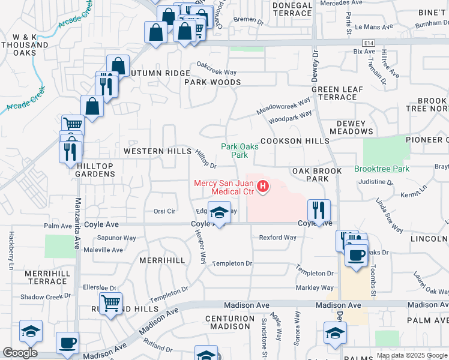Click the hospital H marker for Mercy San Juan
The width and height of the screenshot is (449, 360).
(x=262, y=187)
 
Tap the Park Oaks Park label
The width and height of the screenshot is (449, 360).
(x=234, y=151)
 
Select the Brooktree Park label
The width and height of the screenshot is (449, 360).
(x=382, y=169)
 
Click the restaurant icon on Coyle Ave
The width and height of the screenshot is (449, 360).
(x=319, y=210)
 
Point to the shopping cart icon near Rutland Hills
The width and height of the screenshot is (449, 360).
(x=110, y=304)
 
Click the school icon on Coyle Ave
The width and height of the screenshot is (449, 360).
(x=219, y=212)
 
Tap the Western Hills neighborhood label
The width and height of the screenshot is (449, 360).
(x=157, y=152)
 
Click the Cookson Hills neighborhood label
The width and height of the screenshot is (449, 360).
(x=295, y=141)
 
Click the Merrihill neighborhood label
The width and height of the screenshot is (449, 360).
(x=162, y=261)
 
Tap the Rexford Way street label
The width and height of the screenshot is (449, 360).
(x=277, y=238)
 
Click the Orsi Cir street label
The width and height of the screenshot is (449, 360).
(x=164, y=211)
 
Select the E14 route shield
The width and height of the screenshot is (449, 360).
(x=369, y=43)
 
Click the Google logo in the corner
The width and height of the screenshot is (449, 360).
(x=20, y=353)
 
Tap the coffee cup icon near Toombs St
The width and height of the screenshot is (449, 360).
(x=356, y=255)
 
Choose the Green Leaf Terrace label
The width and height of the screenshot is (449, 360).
(x=338, y=93)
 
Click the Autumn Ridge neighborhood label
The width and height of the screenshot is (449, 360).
(x=151, y=73)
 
